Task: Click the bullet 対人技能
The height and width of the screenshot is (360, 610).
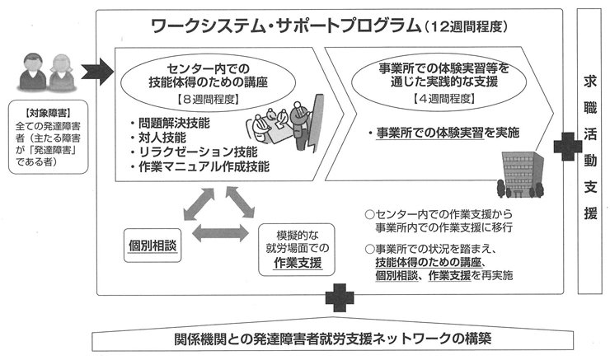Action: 161,138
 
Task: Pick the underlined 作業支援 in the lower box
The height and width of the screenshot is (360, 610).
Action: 298,264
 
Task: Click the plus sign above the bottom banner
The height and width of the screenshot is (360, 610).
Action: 339,299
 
